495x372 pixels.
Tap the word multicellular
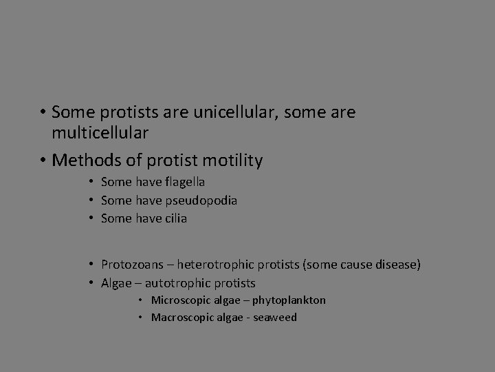[100, 132]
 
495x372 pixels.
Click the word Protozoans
[135, 265]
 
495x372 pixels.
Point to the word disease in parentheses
[397, 265]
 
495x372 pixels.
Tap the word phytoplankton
[289, 300]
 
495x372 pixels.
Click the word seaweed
[273, 318]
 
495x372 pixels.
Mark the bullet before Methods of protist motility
[43, 161]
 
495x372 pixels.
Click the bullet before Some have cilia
[91, 218]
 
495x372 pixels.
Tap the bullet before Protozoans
[91, 265]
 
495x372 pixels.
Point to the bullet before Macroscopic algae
[141, 318]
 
